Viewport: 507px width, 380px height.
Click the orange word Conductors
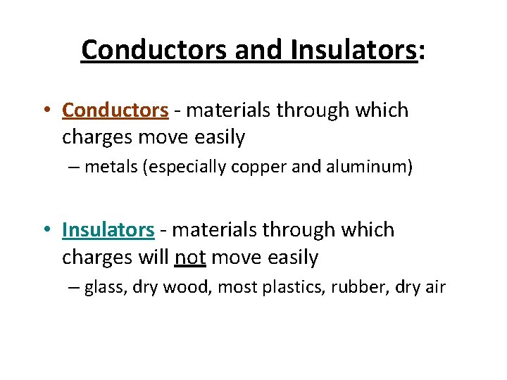point(115,110)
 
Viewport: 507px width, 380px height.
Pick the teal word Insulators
point(108,230)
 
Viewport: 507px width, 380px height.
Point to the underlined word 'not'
point(189,258)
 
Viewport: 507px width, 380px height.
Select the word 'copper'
point(250,168)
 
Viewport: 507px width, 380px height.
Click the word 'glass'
point(103,288)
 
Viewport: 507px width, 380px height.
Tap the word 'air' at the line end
point(434,288)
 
